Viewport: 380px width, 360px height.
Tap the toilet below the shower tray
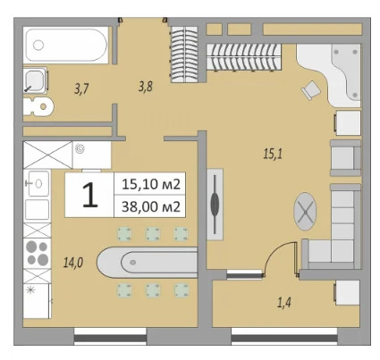point(40,106)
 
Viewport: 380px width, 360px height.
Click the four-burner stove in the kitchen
point(38,253)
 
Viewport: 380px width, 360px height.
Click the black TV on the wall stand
point(215,203)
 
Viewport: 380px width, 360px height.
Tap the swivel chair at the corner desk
point(309,88)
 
